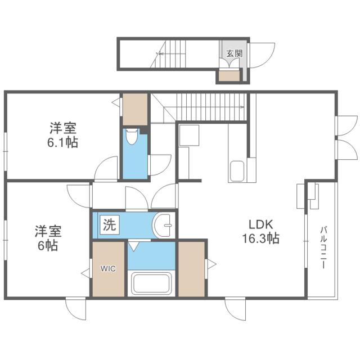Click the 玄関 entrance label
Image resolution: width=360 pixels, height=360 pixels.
point(234,54)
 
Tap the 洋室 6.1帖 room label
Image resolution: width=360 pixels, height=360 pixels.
point(62,135)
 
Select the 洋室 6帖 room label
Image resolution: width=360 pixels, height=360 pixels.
point(48,238)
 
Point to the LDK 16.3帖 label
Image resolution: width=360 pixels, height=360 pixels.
point(260,231)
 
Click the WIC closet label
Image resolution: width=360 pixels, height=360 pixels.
point(108,268)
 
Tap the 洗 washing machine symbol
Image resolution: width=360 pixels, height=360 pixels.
point(110,226)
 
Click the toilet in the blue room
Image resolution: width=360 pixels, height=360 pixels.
point(133,137)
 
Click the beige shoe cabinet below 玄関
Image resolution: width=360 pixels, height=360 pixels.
point(229,76)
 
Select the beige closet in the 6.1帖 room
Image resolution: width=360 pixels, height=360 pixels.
point(135,110)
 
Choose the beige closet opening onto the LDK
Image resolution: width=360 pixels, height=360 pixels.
point(192,268)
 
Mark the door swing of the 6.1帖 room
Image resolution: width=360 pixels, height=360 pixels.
point(106,169)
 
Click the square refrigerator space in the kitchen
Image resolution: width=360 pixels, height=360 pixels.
point(188,136)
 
